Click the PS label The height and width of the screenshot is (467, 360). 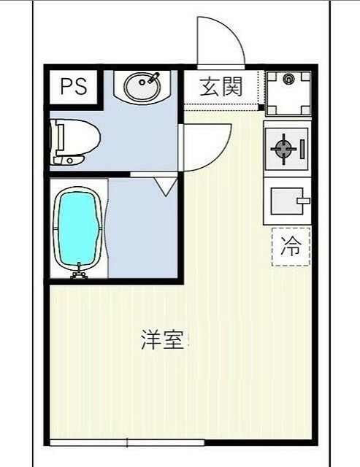73,87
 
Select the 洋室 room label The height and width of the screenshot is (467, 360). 161,340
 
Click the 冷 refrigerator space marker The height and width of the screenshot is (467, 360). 291,246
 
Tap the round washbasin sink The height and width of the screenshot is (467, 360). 142,88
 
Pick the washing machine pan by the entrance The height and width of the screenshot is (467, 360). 288,92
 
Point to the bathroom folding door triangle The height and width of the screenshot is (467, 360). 164,185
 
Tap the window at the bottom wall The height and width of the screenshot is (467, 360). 128,441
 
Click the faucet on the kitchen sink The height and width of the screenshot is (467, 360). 302,199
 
